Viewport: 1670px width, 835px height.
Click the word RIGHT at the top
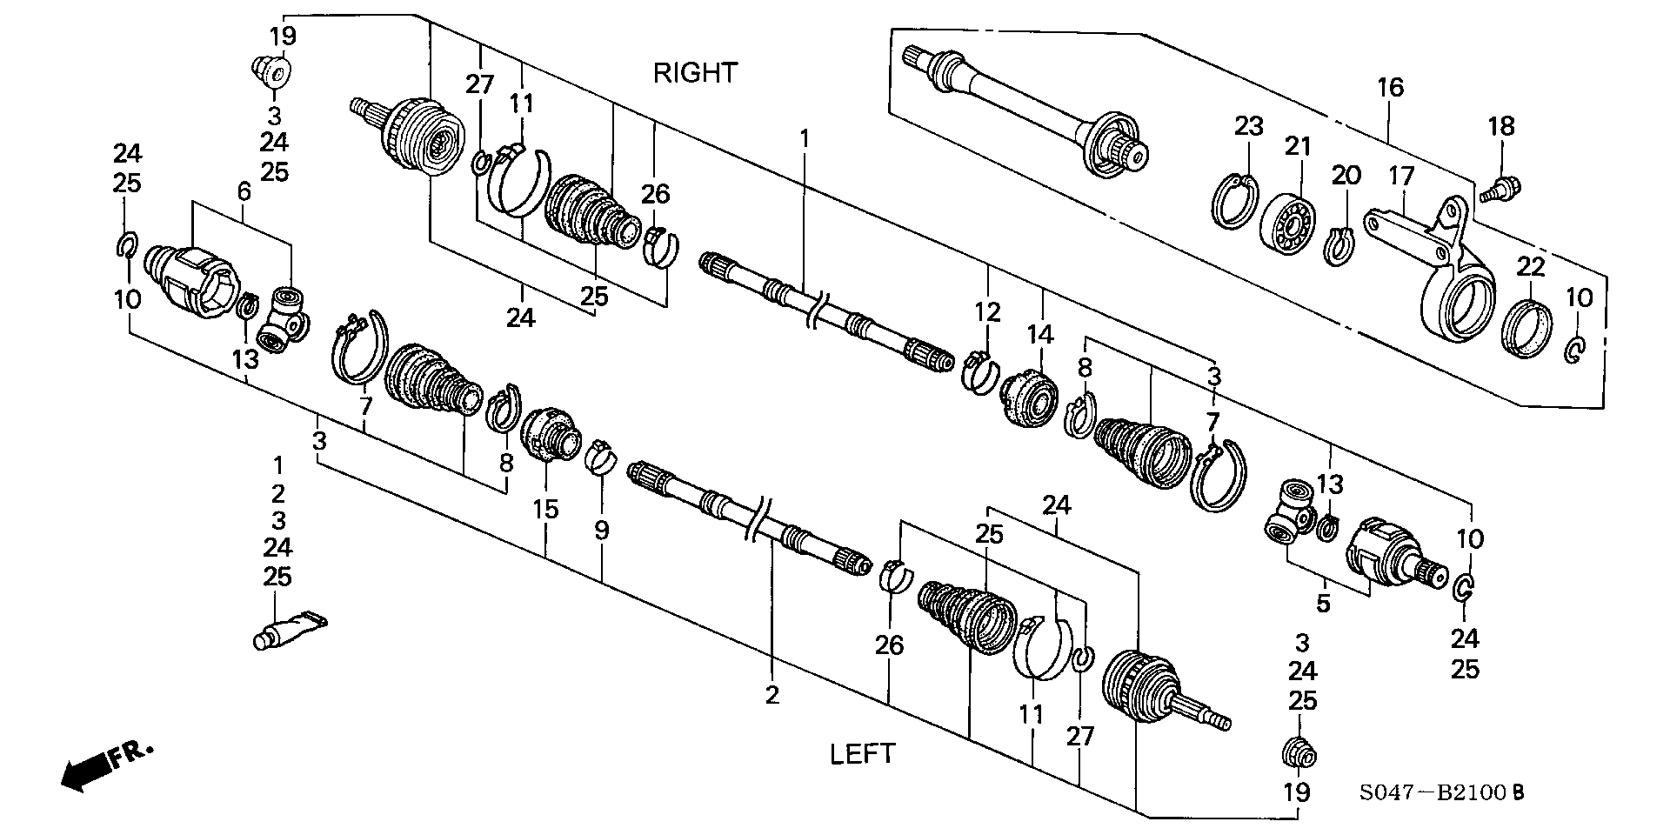(695, 72)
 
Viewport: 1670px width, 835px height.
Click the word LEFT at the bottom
(862, 754)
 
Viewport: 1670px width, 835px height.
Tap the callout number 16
(1390, 87)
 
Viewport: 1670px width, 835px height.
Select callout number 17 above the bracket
(1401, 177)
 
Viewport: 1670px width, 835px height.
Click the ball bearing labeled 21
(1286, 224)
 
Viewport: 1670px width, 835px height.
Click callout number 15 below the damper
(545, 509)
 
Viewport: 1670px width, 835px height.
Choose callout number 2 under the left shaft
(772, 695)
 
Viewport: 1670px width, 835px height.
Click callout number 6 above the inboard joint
(244, 190)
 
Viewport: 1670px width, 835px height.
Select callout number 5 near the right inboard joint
(1323, 604)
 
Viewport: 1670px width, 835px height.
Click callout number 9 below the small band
(602, 530)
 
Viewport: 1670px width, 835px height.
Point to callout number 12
(988, 311)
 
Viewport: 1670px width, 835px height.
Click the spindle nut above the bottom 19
(1299, 753)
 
